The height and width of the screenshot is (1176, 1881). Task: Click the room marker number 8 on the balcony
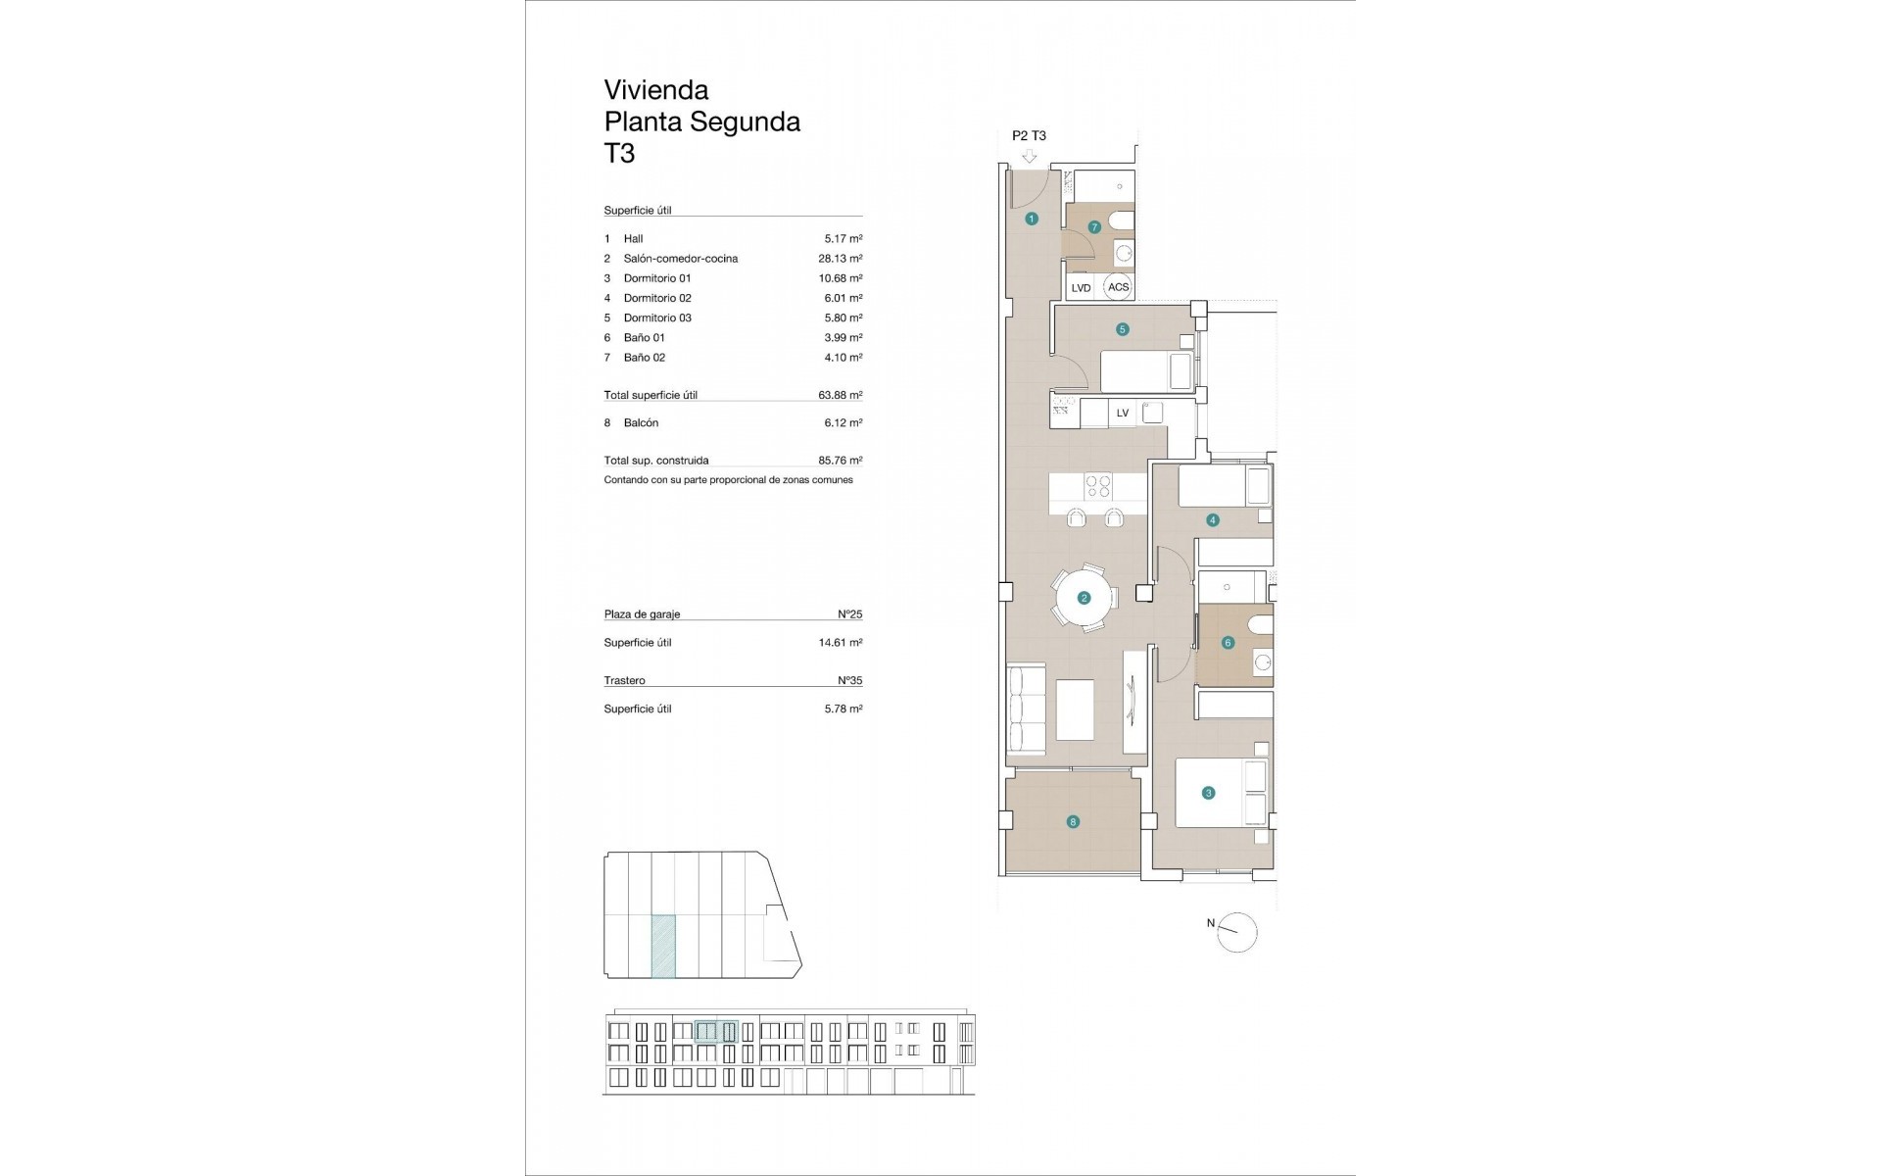click(1073, 822)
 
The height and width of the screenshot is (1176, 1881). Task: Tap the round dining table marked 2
click(1084, 598)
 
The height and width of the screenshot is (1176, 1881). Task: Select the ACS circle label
click(1118, 287)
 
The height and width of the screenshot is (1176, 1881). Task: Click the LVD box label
click(1081, 288)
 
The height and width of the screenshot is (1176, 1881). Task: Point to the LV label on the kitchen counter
click(1123, 413)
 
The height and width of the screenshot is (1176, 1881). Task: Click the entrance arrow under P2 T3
click(1029, 156)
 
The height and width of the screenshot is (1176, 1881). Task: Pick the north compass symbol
click(1236, 932)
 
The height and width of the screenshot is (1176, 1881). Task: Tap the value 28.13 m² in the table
click(840, 259)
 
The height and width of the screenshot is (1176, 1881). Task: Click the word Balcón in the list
click(641, 423)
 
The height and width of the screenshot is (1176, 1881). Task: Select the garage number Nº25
click(849, 614)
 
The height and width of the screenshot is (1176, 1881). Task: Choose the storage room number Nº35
click(849, 680)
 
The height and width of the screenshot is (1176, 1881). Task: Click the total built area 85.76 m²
click(840, 461)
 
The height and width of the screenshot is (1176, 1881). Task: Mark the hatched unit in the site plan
click(663, 947)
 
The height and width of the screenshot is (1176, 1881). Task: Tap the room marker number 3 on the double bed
click(1208, 793)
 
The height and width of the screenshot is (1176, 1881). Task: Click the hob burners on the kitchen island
click(1098, 487)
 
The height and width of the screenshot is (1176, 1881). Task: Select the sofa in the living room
click(1026, 710)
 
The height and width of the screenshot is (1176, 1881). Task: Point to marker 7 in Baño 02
click(1094, 227)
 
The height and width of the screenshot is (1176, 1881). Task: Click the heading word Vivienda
click(655, 90)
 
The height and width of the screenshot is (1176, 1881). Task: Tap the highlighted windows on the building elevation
click(715, 1031)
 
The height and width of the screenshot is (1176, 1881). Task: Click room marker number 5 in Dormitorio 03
click(1123, 329)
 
